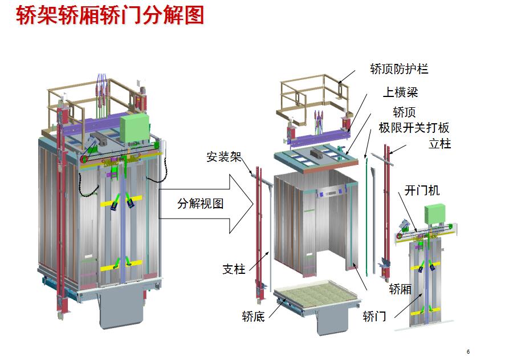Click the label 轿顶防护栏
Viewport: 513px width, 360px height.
click(399, 70)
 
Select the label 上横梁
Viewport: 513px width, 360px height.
click(400, 92)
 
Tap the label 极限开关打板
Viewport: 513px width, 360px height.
click(414, 127)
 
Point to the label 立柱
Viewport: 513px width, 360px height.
click(439, 144)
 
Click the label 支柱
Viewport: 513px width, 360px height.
click(234, 268)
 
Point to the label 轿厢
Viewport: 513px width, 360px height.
click(400, 289)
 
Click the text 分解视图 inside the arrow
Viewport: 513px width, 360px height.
click(200, 204)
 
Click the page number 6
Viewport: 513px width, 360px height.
click(468, 351)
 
